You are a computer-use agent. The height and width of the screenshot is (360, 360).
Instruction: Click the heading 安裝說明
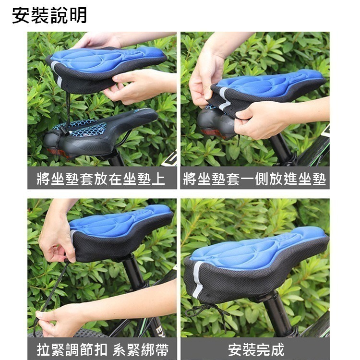coord(49,15)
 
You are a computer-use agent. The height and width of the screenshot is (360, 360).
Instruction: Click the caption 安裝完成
coord(255,349)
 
